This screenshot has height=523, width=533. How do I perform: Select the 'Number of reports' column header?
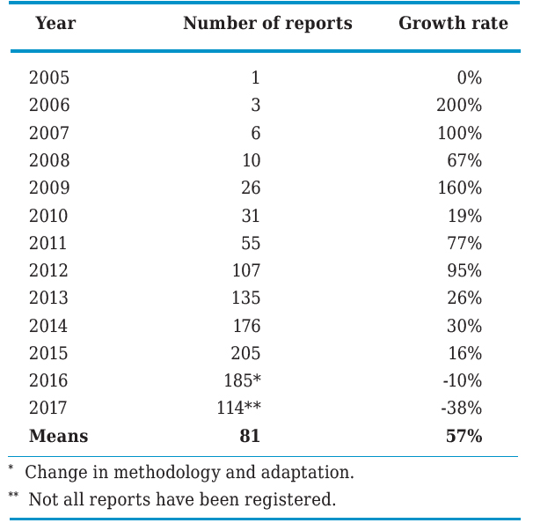pos(267,24)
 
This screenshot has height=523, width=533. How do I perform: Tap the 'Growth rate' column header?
pos(453,24)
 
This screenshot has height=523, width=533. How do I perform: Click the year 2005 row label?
pos(49,77)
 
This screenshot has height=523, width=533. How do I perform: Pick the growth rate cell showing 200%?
pos(459,106)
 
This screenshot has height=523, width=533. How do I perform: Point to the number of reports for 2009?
pos(250,188)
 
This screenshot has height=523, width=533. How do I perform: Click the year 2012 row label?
pos(49,270)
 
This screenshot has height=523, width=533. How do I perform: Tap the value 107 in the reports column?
pos(245,270)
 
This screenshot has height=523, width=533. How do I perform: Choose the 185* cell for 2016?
pos(242,381)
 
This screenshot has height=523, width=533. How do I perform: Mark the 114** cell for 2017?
pos(238,409)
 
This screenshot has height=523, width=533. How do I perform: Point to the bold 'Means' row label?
pos(59,436)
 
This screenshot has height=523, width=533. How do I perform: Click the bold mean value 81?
pos(250,436)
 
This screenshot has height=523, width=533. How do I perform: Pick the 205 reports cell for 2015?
pos(245,353)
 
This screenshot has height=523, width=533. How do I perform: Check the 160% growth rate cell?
pos(459,188)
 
